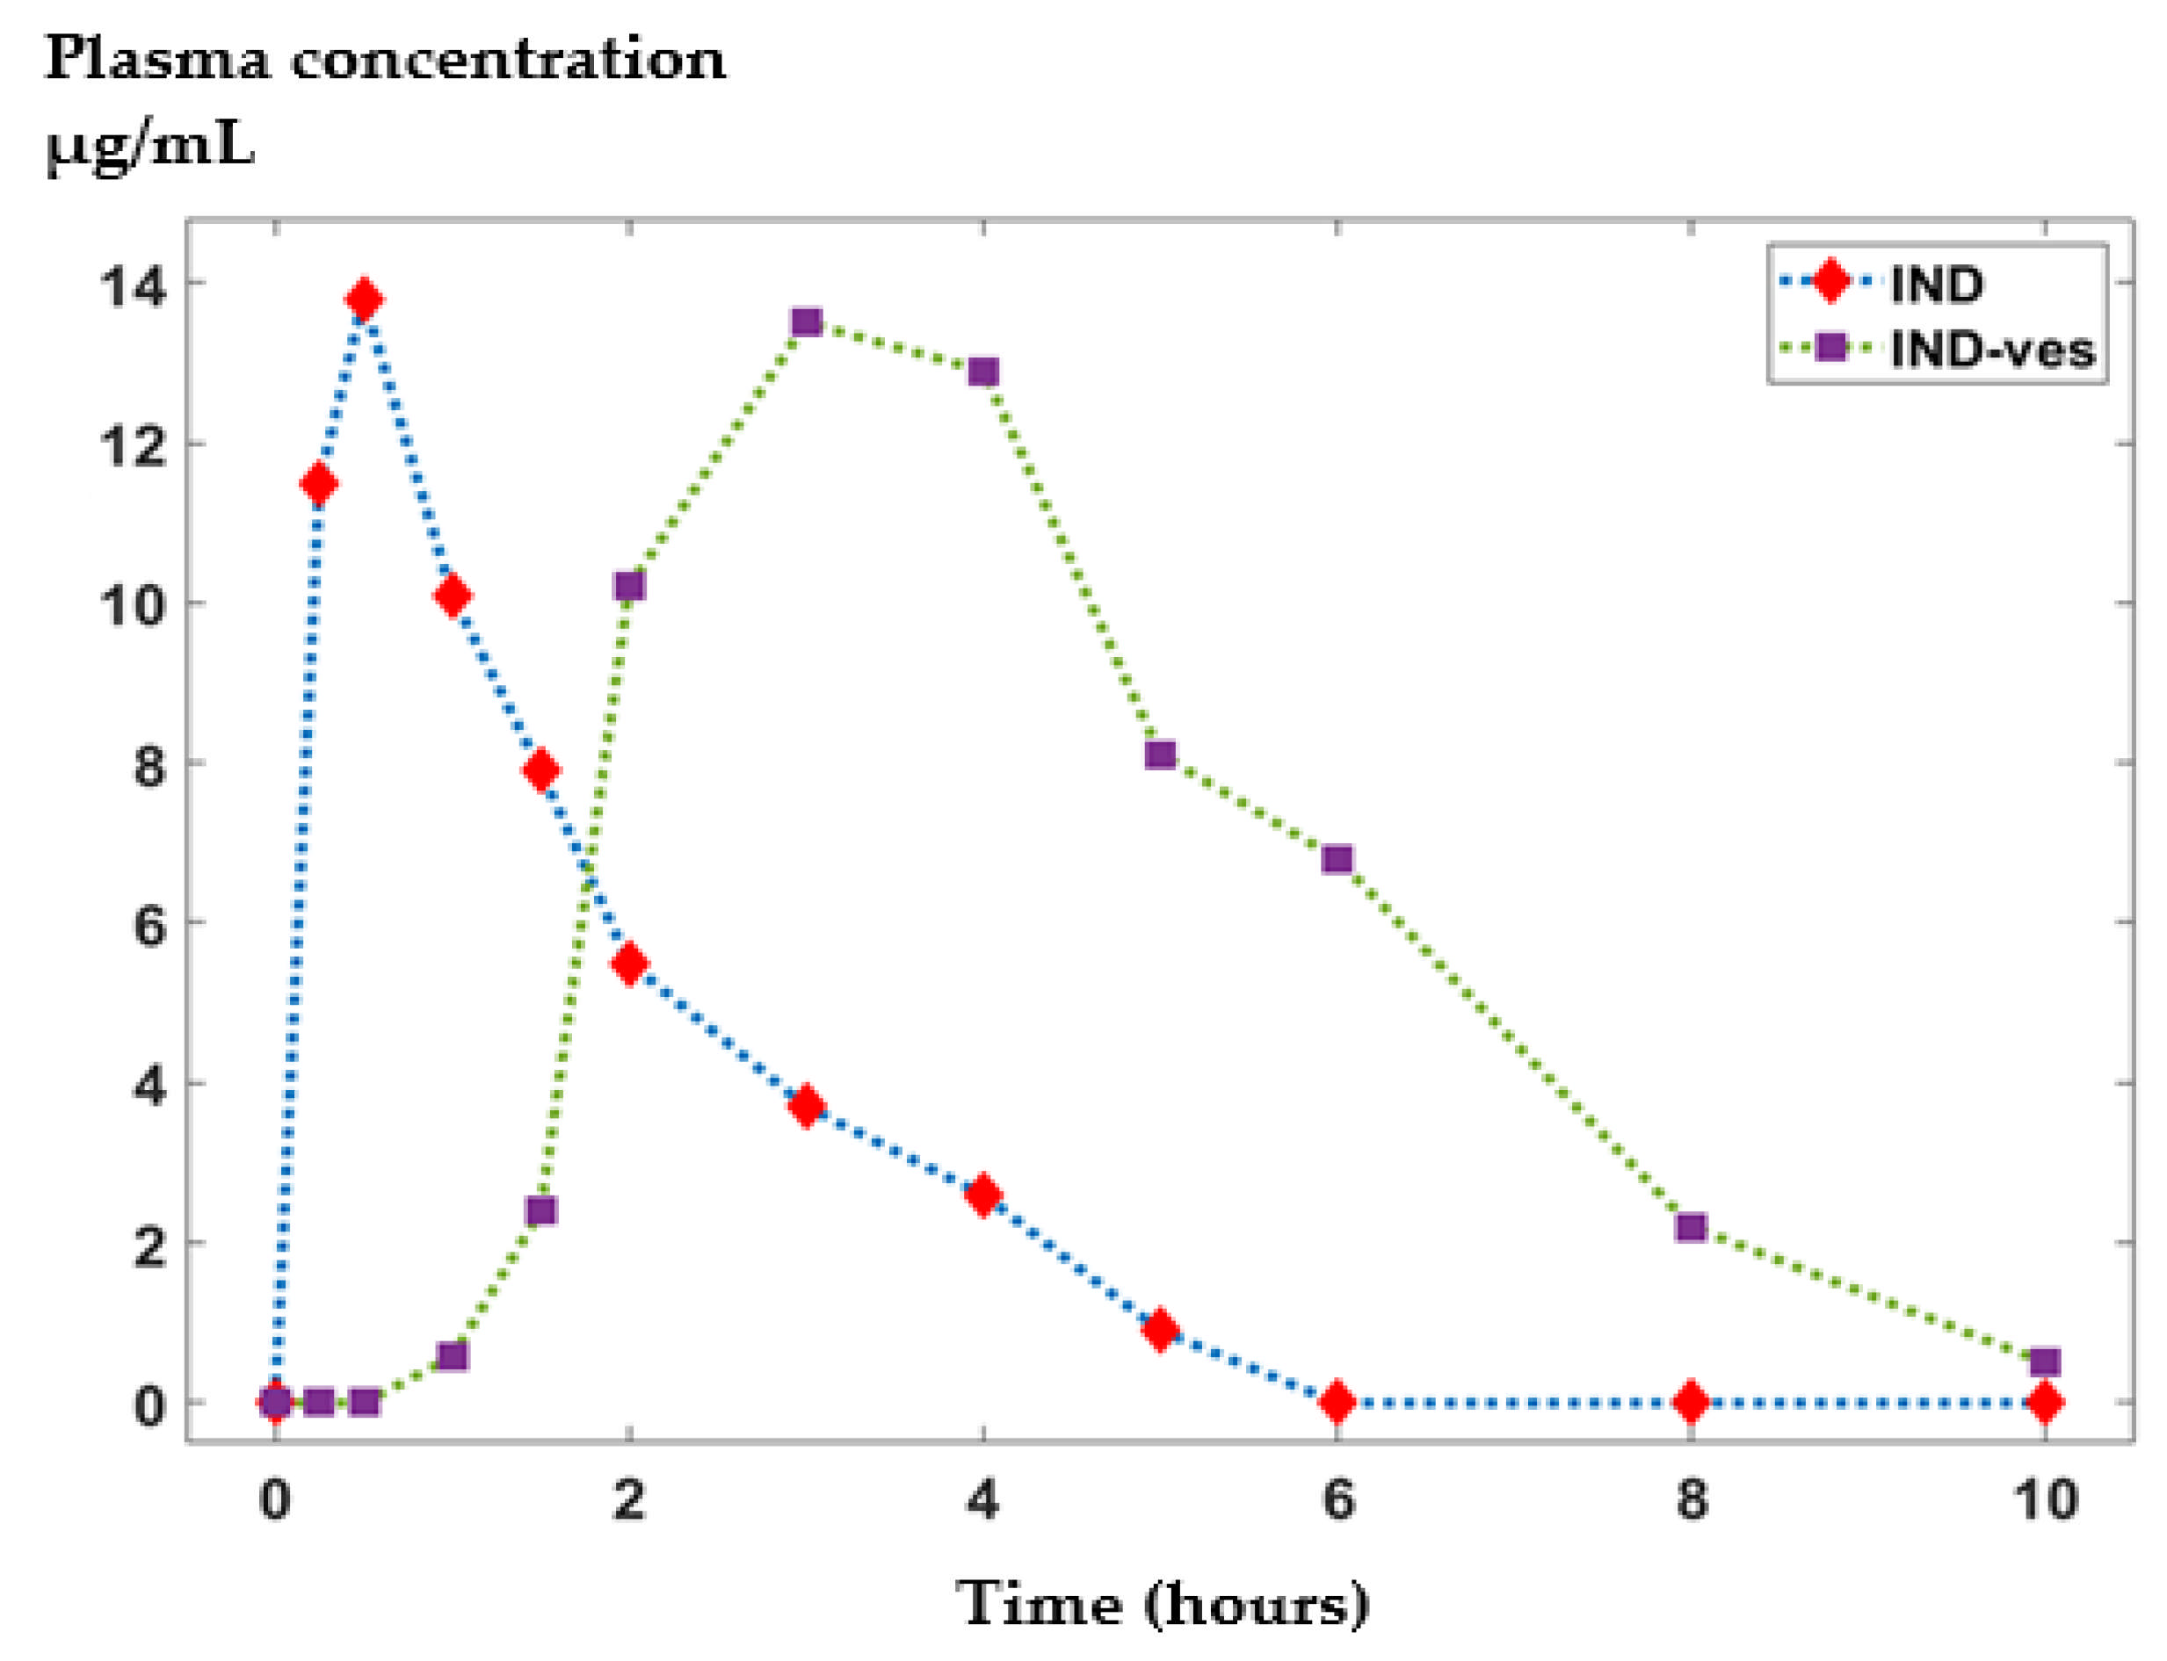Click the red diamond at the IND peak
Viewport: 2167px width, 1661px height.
(x=364, y=299)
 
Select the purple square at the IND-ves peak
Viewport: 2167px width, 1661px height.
(x=807, y=322)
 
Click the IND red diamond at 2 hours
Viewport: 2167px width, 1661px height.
(x=629, y=964)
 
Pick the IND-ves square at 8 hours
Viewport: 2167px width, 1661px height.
(x=1692, y=1227)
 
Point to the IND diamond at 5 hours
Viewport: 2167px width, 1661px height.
(x=1160, y=1330)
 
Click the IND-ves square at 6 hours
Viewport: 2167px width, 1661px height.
(x=1337, y=859)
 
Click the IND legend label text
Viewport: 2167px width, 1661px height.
(x=1937, y=285)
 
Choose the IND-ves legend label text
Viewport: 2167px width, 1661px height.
(x=1992, y=350)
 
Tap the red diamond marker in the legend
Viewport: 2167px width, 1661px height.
(x=1830, y=282)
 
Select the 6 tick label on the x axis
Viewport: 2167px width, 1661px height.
(x=1337, y=1500)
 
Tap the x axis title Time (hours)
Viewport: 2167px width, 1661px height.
(x=1162, y=1604)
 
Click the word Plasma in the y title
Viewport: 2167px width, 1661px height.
(x=156, y=61)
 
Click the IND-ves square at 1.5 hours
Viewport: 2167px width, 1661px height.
(x=541, y=1210)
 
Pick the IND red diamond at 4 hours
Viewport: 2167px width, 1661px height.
(x=983, y=1195)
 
